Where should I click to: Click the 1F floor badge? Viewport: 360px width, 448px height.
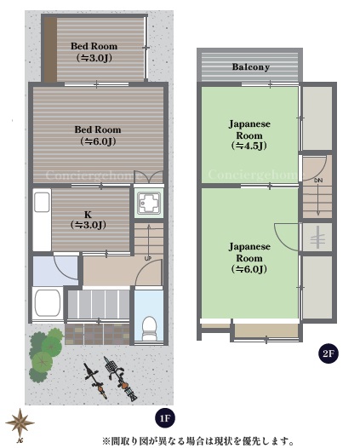165,418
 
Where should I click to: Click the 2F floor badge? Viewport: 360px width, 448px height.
329,353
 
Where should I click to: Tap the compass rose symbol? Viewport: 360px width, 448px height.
20,425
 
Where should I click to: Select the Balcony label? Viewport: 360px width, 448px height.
251,66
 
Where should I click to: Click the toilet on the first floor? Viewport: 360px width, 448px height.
149,328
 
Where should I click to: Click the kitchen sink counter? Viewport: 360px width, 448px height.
42,220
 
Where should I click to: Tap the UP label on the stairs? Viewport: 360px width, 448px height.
148,259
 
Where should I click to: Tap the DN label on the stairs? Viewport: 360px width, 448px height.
318,181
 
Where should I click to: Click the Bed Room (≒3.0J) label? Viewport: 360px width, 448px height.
94,52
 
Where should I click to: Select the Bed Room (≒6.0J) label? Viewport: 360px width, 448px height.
98,135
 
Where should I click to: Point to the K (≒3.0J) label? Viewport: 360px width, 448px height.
89,220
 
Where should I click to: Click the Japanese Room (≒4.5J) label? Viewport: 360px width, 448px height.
249,135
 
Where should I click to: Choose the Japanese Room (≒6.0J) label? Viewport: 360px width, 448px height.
249,257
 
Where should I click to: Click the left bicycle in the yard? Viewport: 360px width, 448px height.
95,381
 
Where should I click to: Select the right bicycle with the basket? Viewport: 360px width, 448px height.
120,378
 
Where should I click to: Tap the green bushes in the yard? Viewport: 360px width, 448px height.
46,355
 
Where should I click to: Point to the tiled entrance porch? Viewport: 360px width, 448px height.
97,334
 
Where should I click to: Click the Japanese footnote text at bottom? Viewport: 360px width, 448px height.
197,440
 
